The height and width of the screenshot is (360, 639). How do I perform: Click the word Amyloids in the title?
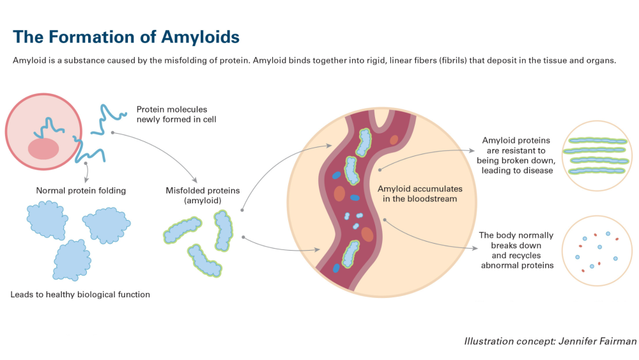pyautogui.click(x=200, y=38)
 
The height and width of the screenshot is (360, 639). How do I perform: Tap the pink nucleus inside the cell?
pyautogui.click(x=43, y=148)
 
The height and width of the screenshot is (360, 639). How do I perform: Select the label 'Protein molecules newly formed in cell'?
pyautogui.click(x=176, y=114)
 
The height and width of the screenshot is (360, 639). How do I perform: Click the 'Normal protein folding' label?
pyautogui.click(x=81, y=191)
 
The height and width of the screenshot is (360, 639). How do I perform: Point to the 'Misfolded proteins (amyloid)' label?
pyautogui.click(x=203, y=195)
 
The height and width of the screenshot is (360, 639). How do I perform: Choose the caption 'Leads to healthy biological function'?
pyautogui.click(x=81, y=294)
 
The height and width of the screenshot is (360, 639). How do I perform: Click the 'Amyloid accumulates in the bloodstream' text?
pyautogui.click(x=420, y=194)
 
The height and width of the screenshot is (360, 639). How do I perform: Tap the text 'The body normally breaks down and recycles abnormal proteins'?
pyautogui.click(x=516, y=250)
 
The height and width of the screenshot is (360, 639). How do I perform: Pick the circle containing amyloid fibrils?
pyautogui.click(x=597, y=156)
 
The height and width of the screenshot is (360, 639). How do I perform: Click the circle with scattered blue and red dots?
pyautogui.click(x=597, y=250)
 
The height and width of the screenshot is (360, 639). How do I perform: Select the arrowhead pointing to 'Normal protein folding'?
pyautogui.click(x=86, y=180)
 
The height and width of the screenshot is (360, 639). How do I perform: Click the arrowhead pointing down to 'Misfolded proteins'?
pyautogui.click(x=195, y=180)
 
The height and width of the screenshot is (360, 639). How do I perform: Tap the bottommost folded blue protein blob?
pyautogui.click(x=72, y=260)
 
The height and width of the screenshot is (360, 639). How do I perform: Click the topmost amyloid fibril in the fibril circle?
pyautogui.click(x=598, y=141)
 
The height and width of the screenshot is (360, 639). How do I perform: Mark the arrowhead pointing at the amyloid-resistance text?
pyautogui.click(x=472, y=150)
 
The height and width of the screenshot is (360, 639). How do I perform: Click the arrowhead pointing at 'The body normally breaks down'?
pyautogui.click(x=475, y=248)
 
